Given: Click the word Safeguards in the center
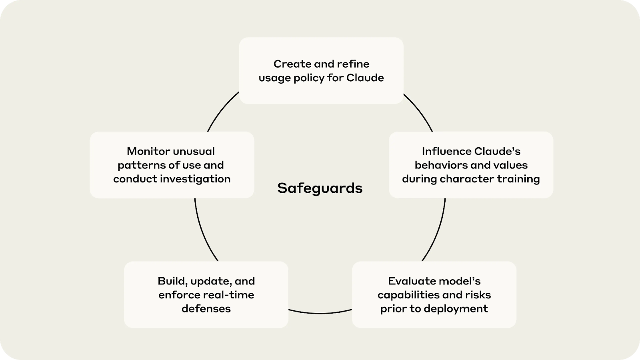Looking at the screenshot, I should click(x=320, y=188).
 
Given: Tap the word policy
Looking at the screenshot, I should click(x=309, y=78).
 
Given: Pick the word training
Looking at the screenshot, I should click(x=518, y=179).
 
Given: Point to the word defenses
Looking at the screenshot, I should click(x=206, y=308).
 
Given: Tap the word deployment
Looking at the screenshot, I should click(x=456, y=308).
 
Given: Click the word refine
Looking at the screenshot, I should click(x=353, y=64).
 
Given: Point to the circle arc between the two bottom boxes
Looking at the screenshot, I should click(x=320, y=313).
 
